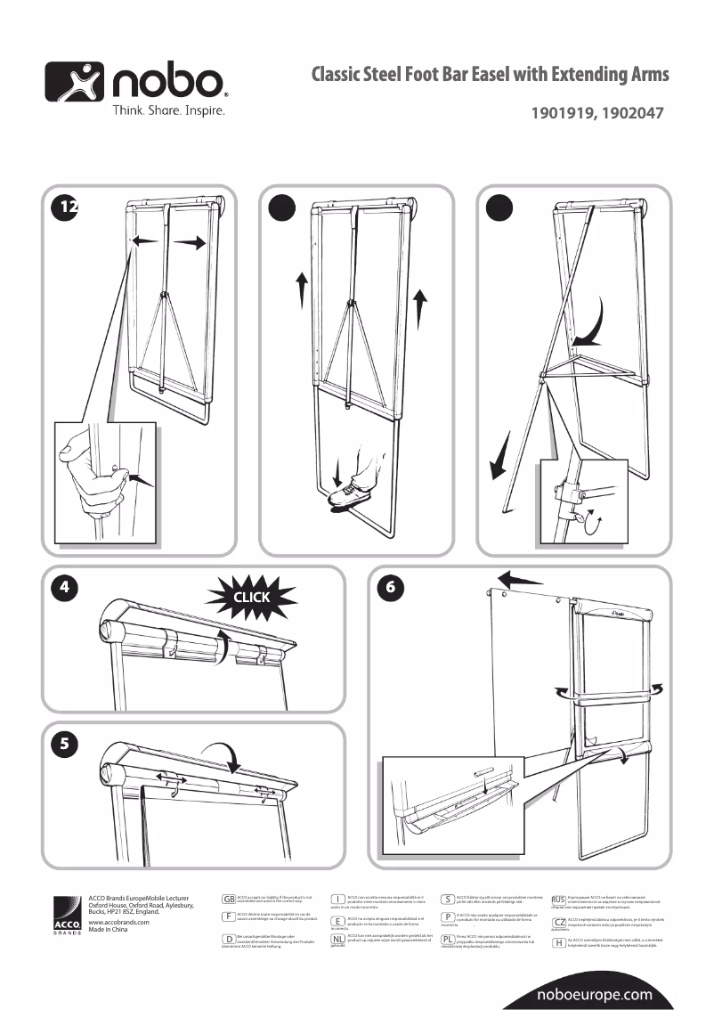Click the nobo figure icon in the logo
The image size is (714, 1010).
75,82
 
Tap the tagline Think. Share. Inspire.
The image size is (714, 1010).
167,111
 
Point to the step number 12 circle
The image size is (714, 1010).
64,206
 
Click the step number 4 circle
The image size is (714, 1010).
64,587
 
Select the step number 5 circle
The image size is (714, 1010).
64,745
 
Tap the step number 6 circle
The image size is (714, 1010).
388,587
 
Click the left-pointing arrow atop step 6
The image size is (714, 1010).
520,580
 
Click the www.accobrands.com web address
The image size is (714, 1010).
119,923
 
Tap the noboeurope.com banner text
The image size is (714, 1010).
595,995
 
